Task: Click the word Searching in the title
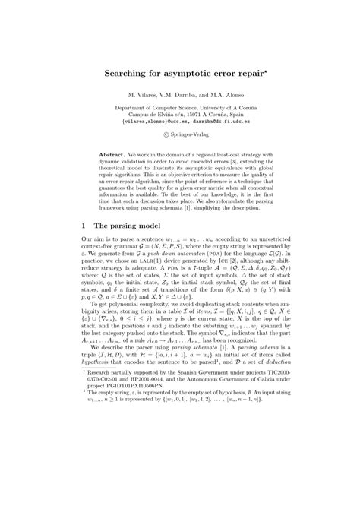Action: [x=126, y=77]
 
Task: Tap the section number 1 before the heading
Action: [x=83, y=247]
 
